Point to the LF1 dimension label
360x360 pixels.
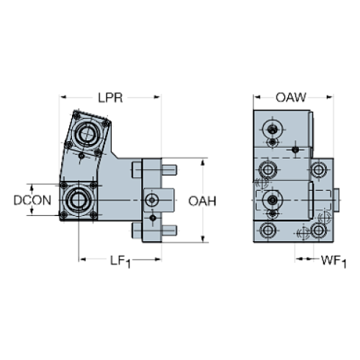pos(119,259)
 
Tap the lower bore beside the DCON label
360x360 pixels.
pos(76,199)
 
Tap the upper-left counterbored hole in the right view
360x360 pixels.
pos(265,170)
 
